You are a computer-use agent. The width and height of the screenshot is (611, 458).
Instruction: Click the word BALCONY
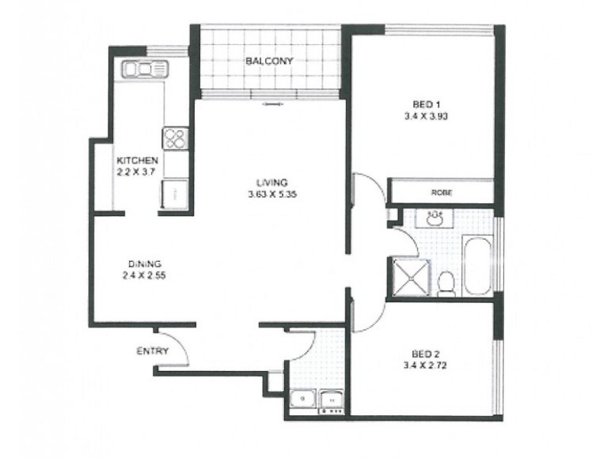pos(269,60)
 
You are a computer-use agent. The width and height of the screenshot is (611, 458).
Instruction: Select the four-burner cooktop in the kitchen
pos(175,138)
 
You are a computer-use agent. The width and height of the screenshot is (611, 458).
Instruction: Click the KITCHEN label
pos(137,161)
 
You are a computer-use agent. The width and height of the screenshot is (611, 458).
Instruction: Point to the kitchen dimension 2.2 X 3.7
pos(137,173)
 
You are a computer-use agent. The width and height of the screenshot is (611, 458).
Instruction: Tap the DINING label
pos(144,263)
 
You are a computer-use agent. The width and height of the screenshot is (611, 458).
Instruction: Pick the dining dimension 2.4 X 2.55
pos(144,276)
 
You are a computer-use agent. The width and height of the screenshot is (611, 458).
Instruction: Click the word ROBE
pos(441,193)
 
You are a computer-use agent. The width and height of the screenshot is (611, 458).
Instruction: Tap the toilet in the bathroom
pos(448,282)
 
